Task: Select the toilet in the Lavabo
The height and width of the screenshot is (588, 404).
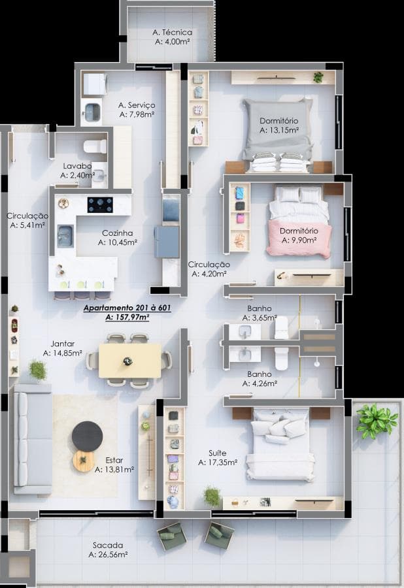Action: (x=95, y=146)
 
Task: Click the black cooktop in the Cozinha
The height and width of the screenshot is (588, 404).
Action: (x=100, y=204)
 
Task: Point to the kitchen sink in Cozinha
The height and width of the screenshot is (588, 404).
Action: (x=65, y=237)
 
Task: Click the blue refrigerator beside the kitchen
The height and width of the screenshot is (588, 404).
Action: (x=167, y=242)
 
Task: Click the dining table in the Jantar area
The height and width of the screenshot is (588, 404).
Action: (x=130, y=361)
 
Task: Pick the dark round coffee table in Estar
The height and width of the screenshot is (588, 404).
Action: (x=88, y=436)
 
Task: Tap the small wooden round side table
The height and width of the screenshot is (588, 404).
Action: (x=84, y=461)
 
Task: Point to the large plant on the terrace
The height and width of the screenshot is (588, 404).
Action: (x=377, y=420)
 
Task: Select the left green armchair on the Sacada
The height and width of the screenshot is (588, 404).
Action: (x=172, y=537)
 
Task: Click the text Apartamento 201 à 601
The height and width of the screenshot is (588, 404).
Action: (x=127, y=308)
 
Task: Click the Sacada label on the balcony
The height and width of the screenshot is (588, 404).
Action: (x=108, y=546)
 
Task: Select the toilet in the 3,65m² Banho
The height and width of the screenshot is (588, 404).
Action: (x=281, y=327)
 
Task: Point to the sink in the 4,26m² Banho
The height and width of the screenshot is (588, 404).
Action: (x=244, y=353)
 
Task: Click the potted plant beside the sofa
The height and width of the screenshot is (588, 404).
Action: (x=38, y=370)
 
